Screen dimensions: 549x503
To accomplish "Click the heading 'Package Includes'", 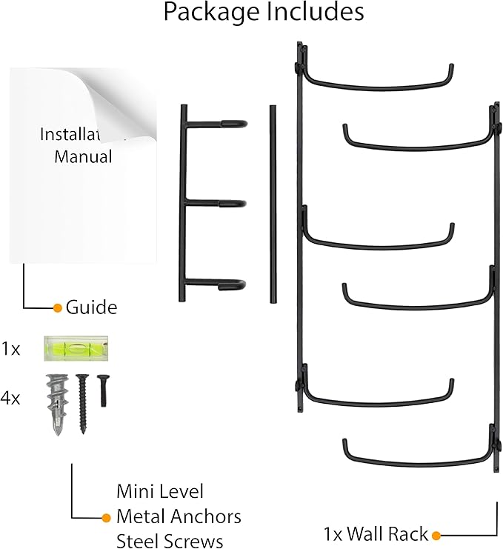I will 264,13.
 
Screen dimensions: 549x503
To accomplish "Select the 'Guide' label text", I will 91,307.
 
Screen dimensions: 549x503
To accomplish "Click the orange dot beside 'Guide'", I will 57,307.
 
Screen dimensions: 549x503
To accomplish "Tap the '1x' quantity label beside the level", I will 10,347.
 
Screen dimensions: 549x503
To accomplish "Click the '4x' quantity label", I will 10,399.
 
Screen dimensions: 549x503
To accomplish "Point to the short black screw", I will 103,390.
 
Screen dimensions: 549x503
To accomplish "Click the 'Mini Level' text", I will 159,490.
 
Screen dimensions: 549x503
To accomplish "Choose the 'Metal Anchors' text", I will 179,516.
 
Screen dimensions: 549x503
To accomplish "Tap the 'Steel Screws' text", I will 170,540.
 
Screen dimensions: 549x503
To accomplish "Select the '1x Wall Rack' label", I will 376,533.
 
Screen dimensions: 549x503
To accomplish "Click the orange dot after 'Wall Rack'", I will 436,533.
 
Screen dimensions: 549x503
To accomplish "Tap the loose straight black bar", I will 273,203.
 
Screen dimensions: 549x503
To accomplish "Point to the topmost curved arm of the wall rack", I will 378,81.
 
